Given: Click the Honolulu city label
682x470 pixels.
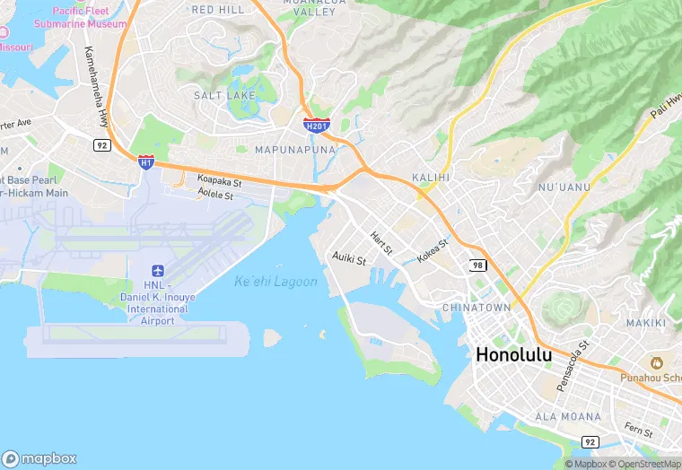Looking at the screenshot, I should (513, 354).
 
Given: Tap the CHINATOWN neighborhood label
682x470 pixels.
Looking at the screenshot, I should (477, 308).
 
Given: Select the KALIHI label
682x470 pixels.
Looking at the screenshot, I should (430, 178).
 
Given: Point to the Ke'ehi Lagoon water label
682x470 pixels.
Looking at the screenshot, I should (275, 282).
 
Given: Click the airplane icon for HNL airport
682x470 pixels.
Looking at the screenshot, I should (158, 271).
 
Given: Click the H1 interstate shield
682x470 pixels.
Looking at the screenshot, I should (145, 161).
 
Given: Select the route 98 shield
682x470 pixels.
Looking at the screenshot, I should (479, 265).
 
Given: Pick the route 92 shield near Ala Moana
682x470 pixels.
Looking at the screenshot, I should (589, 442).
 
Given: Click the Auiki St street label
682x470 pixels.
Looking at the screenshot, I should (349, 260).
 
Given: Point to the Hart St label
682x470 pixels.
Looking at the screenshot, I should (381, 242).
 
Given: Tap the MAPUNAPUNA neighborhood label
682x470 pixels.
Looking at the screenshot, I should (295, 150).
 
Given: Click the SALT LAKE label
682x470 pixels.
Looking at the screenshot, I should (223, 95).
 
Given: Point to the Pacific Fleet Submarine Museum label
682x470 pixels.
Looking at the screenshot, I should (81, 18).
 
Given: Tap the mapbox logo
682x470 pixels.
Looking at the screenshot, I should (39, 458).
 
